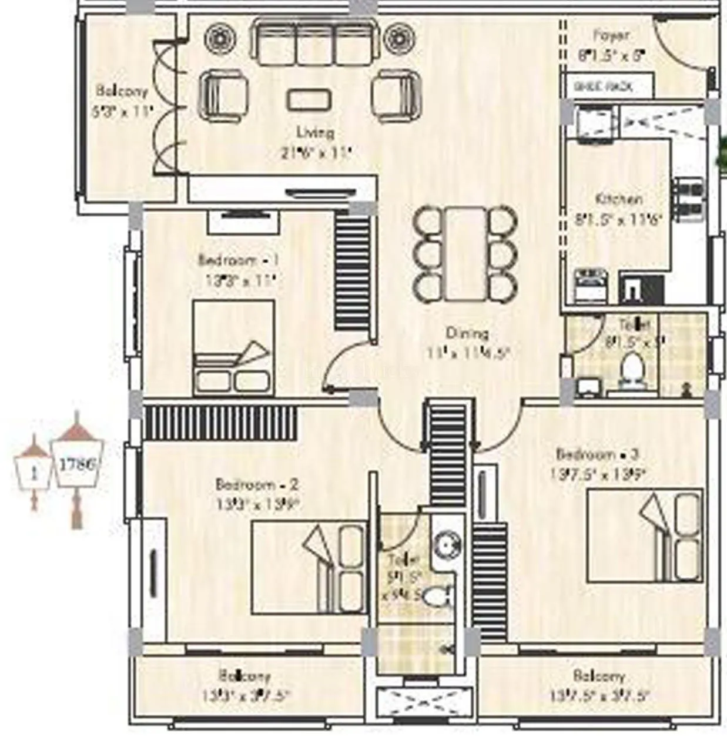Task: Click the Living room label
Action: coord(316,132)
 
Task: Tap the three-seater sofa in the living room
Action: coord(315,42)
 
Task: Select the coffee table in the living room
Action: coord(309,99)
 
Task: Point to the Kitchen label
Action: coord(618,199)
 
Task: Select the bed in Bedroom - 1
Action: coord(234,347)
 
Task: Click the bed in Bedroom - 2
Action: coord(309,567)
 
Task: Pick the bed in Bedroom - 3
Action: coord(645,535)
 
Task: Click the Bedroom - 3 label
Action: coord(597,454)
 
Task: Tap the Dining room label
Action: coord(467,333)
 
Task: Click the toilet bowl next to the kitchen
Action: coord(632,371)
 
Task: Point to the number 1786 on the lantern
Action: coord(77,464)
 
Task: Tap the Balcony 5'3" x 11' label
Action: coord(122,92)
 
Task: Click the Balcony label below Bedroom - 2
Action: coord(245,676)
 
